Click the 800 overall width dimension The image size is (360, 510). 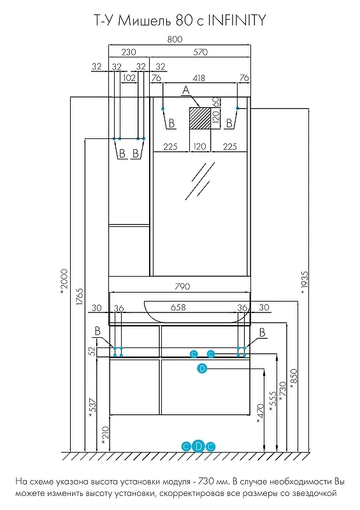click(x=175, y=40)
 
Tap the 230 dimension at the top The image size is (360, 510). click(x=129, y=52)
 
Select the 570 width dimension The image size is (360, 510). click(x=200, y=52)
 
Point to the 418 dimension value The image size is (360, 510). click(x=199, y=78)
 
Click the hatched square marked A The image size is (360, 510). click(x=200, y=119)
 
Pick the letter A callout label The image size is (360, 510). click(x=185, y=90)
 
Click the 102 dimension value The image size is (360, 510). click(x=129, y=78)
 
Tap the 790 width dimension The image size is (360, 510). click(x=182, y=286)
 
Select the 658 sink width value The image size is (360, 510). click(x=178, y=307)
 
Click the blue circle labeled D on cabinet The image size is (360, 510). click(x=202, y=368)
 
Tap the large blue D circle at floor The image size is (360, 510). click(x=198, y=446)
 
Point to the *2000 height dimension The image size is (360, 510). click(x=64, y=282)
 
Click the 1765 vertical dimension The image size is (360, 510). click(x=80, y=296)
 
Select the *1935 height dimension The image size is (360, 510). click(x=304, y=282)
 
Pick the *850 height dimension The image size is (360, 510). click(x=293, y=379)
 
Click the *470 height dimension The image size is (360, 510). click(x=260, y=414)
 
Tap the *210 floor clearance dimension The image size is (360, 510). click(x=105, y=435)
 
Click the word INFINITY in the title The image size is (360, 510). click(x=237, y=20)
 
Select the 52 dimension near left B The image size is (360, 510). click(x=92, y=351)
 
